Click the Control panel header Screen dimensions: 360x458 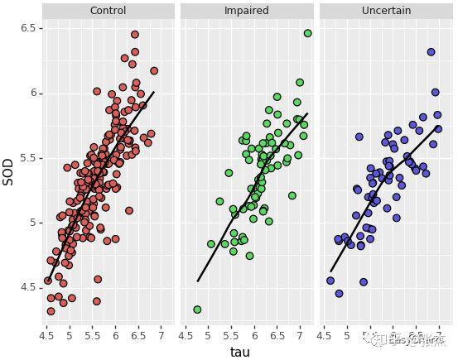tap(108, 11)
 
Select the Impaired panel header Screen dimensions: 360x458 tap(247, 11)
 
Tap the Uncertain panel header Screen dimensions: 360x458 tap(386, 11)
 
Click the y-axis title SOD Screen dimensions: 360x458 tap(9, 171)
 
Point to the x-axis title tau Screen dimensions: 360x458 tap(240, 352)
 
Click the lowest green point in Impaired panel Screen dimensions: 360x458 tap(197, 310)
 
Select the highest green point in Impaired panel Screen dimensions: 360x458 tap(307, 33)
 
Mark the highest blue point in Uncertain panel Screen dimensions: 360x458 tap(431, 52)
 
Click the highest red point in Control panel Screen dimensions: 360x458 tap(135, 35)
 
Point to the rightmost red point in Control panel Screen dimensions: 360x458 tap(154, 71)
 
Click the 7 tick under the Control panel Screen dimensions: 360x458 tap(161, 336)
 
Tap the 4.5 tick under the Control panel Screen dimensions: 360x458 tap(46, 336)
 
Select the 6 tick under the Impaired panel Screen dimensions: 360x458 tap(253, 336)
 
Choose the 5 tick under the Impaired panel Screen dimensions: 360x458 tap(208, 336)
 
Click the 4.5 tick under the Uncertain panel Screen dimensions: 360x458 tap(324, 336)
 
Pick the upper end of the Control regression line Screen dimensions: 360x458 tap(153, 93)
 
